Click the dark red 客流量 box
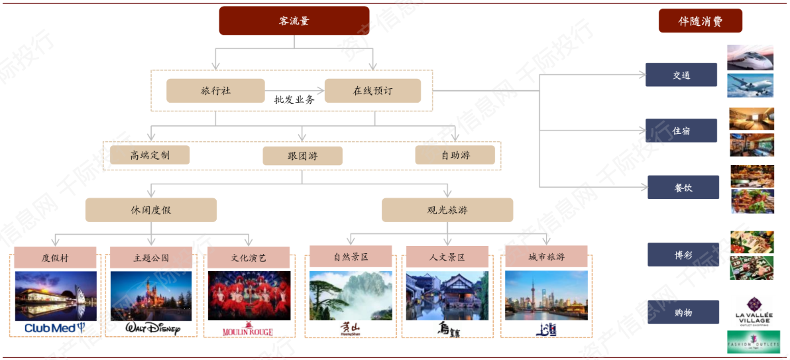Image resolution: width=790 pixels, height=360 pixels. click(x=294, y=21)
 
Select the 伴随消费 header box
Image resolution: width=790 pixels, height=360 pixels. click(x=700, y=21)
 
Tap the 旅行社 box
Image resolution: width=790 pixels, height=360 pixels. click(x=215, y=91)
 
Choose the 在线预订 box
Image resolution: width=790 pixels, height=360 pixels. click(x=372, y=91)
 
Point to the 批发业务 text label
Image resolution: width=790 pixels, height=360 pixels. click(x=294, y=99)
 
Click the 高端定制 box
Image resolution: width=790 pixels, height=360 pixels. click(x=150, y=155)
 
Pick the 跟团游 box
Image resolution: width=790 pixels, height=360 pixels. click(x=302, y=156)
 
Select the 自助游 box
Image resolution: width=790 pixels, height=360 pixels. click(x=455, y=155)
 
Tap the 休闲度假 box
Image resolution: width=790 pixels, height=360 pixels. click(x=151, y=210)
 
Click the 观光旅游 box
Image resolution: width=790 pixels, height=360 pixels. click(x=447, y=210)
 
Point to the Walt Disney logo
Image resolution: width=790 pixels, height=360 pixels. click(x=152, y=328)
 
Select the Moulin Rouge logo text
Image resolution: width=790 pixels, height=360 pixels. click(x=248, y=330)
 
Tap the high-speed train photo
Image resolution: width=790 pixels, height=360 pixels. click(x=750, y=57)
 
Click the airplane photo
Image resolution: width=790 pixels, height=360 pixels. click(x=750, y=86)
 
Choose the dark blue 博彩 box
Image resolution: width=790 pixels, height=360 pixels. click(x=683, y=255)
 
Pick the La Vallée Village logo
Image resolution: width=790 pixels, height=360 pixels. click(x=753, y=312)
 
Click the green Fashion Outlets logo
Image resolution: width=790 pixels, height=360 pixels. click(x=753, y=342)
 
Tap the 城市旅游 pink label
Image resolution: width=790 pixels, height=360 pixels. click(x=546, y=257)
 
